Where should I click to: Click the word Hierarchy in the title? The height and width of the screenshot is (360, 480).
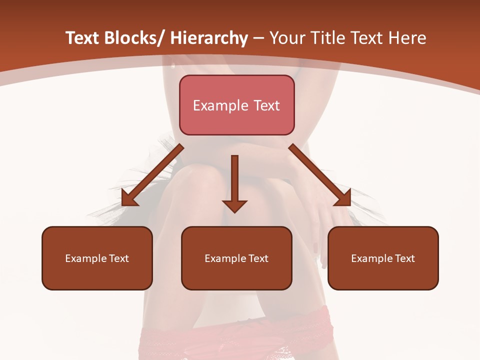209,38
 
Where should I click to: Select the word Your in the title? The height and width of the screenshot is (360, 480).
287,38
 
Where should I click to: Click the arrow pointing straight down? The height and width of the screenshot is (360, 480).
234,180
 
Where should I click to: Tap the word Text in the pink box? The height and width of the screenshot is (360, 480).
265,105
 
